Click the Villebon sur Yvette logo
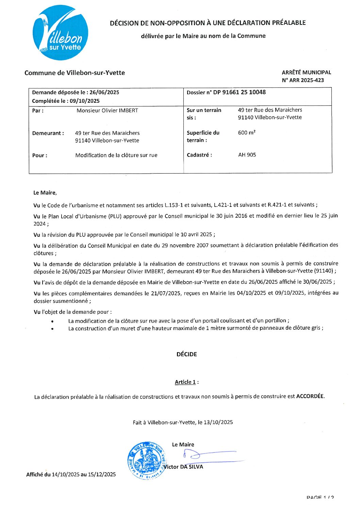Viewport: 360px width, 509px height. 60,33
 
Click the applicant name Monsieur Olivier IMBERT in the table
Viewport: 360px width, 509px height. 107,111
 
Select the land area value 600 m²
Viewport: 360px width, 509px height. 247,133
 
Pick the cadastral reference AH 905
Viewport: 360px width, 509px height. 247,155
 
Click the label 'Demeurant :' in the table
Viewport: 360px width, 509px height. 48,133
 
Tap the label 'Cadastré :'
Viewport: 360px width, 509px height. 199,155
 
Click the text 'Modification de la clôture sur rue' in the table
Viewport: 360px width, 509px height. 116,155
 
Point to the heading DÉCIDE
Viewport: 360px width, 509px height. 186,354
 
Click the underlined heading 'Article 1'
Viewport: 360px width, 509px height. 185,382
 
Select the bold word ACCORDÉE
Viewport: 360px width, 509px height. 310,396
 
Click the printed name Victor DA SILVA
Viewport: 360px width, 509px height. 183,467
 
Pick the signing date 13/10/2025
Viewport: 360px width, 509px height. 218,422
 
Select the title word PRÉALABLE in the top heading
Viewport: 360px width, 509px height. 289,23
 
